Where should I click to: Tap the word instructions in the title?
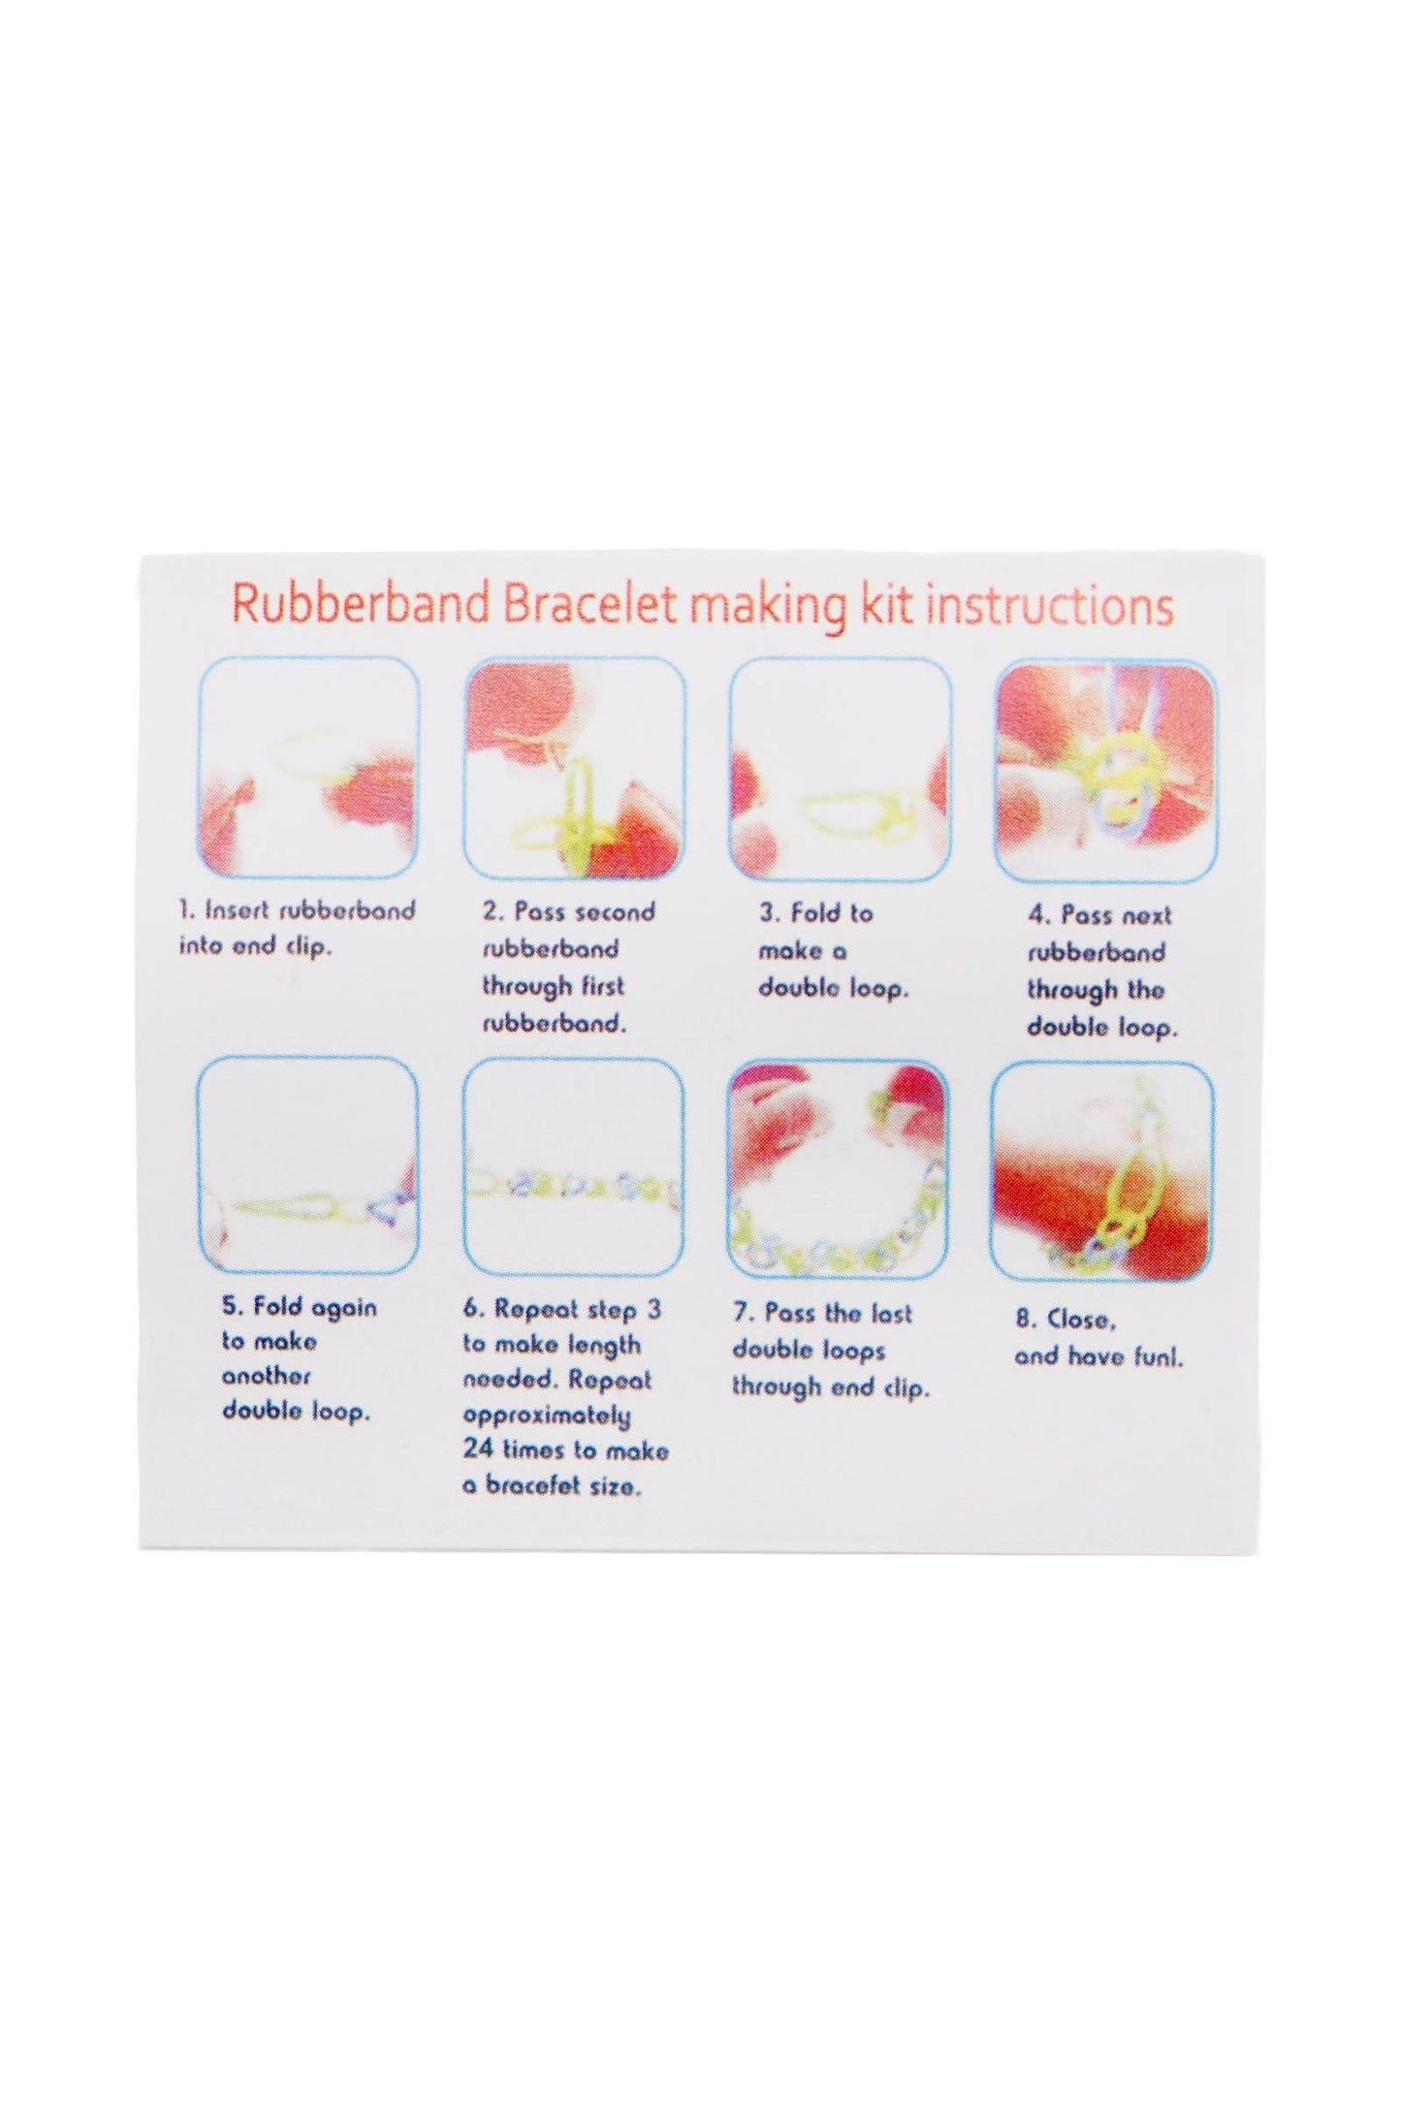click(x=1051, y=606)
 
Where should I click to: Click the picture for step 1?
click(x=309, y=768)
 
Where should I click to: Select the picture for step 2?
click(x=575, y=769)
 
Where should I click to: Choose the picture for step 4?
click(x=1105, y=772)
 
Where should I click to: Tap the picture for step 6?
click(x=574, y=1167)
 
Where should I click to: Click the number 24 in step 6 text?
click(x=479, y=1450)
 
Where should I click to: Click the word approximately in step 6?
click(x=547, y=1416)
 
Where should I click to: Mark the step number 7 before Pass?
click(x=743, y=1314)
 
